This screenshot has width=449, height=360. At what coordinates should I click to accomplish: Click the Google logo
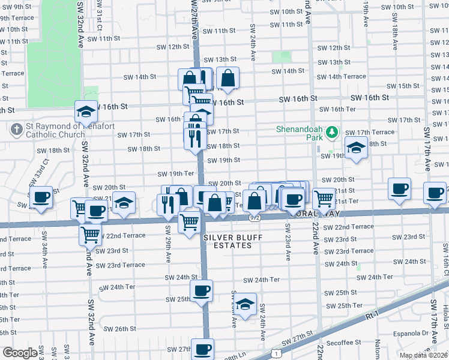point(19,353)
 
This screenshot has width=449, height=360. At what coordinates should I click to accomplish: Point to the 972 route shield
point(255,218)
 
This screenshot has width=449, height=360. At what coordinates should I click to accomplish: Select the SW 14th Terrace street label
point(341,77)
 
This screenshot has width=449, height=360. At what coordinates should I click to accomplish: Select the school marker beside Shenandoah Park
point(357,148)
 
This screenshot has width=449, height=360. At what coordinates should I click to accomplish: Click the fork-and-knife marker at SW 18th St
point(192,137)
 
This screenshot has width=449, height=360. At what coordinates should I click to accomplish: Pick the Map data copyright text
point(423,355)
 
